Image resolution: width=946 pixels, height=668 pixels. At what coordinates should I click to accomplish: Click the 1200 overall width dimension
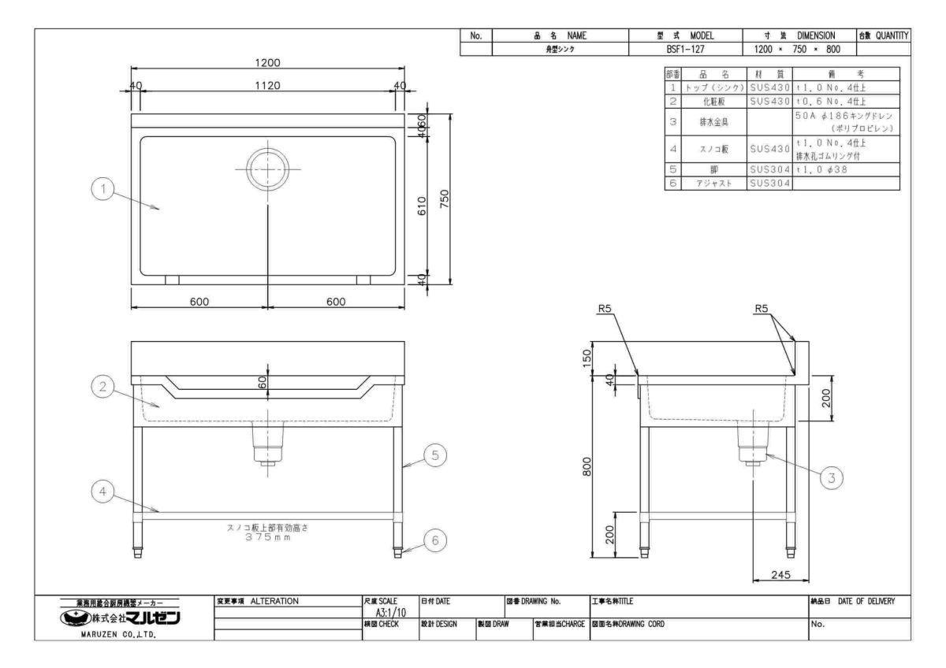coord(267,62)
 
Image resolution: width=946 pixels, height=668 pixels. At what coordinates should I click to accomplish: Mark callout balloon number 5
coord(435,455)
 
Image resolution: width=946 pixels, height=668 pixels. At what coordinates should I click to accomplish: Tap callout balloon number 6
coord(435,540)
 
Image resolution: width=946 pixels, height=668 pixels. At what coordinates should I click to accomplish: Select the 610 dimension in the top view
coord(422,206)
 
